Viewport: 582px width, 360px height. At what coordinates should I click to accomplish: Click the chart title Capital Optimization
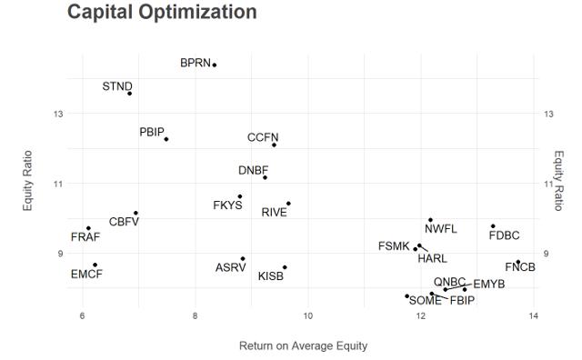(x=162, y=12)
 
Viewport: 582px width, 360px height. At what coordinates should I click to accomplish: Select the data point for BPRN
(x=215, y=65)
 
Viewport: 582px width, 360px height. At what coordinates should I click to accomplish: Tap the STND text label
(x=117, y=86)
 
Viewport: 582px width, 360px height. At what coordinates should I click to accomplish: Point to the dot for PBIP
(x=166, y=139)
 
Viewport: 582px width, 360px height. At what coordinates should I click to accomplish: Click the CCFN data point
(x=274, y=145)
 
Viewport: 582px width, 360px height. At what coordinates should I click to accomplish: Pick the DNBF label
(x=253, y=170)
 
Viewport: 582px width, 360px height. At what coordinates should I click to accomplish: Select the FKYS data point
(x=240, y=196)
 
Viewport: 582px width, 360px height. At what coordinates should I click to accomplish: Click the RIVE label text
(x=275, y=213)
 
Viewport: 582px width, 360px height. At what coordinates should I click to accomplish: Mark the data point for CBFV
(x=135, y=213)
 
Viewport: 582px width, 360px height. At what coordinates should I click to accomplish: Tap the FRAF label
(x=85, y=236)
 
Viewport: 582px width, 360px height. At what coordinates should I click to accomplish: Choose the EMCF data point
(x=95, y=265)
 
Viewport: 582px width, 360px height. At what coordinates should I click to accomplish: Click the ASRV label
(x=230, y=267)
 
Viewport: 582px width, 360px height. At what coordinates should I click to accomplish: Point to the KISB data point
(x=285, y=267)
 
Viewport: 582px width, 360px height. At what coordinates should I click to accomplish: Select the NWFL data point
(x=430, y=220)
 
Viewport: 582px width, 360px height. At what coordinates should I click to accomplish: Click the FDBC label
(x=504, y=235)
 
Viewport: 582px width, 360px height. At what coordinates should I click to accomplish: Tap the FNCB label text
(x=520, y=267)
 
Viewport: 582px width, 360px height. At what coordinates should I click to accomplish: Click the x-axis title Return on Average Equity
(x=303, y=345)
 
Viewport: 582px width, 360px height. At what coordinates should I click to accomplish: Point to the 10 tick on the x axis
(x=307, y=315)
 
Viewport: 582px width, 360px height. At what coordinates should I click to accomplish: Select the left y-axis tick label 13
(x=58, y=114)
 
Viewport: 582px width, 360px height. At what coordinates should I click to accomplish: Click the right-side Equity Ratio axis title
(x=559, y=181)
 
